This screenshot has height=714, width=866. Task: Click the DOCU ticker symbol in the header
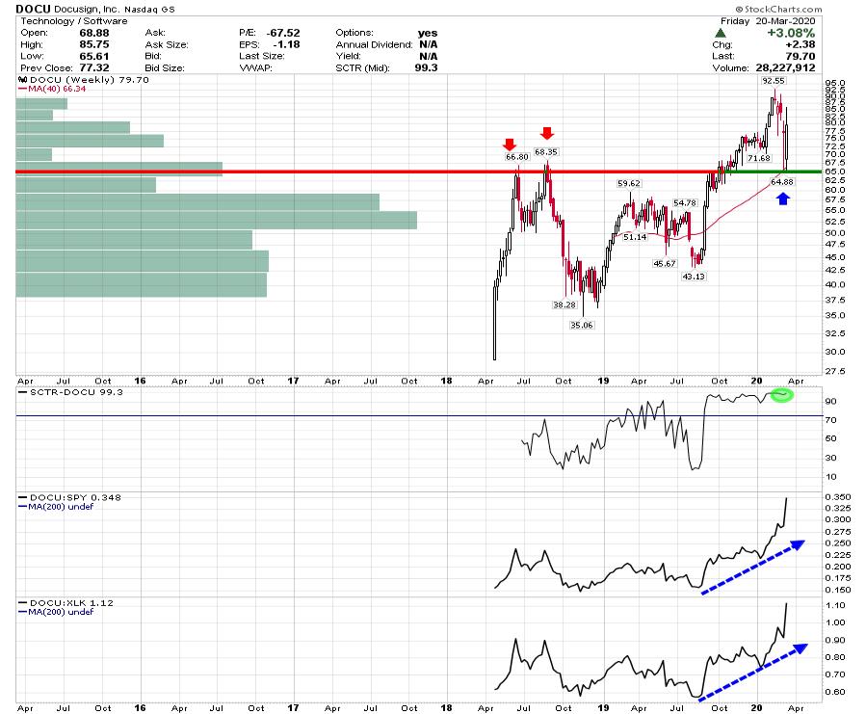click(31, 9)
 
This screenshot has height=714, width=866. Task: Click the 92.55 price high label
click(772, 82)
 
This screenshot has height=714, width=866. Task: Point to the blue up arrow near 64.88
click(783, 198)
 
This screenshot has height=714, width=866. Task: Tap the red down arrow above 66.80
click(510, 145)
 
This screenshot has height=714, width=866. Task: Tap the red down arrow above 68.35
click(546, 133)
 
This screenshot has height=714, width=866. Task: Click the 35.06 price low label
click(582, 325)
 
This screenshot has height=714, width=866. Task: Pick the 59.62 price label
click(629, 183)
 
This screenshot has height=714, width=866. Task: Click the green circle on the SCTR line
click(781, 395)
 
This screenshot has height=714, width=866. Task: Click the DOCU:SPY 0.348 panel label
click(62, 497)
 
